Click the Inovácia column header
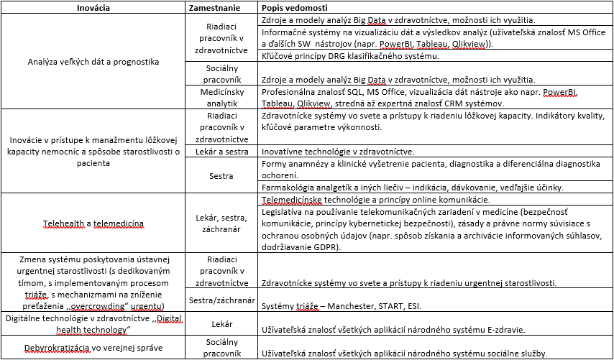click(93, 7)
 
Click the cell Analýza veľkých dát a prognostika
click(93, 62)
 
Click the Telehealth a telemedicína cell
click(93, 223)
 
